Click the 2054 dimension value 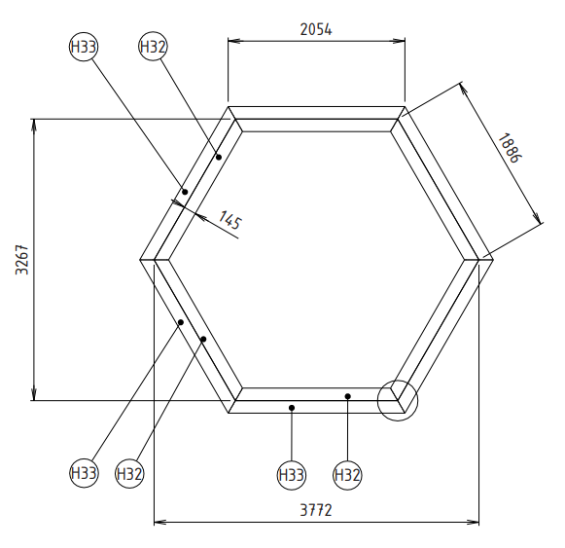click(x=315, y=29)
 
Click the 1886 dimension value click(x=508, y=148)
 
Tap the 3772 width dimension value click(x=317, y=510)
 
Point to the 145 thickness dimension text click(x=229, y=221)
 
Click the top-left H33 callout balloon click(x=84, y=47)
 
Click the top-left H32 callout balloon click(x=153, y=47)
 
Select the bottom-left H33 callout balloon click(x=84, y=474)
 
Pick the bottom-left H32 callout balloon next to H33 click(x=129, y=474)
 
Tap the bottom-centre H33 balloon click(x=292, y=475)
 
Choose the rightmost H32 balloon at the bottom click(x=347, y=475)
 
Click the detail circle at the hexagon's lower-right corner click(x=397, y=400)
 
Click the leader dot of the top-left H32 click(x=219, y=157)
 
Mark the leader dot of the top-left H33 click(x=184, y=192)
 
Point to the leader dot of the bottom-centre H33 click(x=292, y=407)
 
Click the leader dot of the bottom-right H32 click(x=347, y=396)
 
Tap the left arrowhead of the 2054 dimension click(x=231, y=42)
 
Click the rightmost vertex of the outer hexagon click(x=494, y=259)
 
